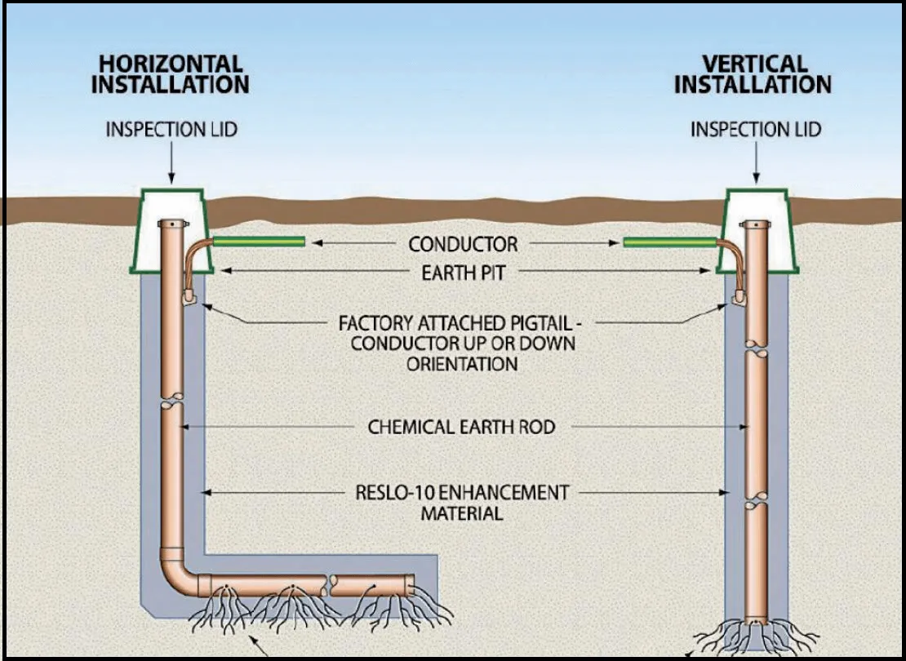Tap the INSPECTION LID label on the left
[x=172, y=129]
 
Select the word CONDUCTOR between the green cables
[x=463, y=243]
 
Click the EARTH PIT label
[x=463, y=273]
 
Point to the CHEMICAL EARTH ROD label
[x=463, y=426]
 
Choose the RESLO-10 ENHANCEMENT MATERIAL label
[x=463, y=503]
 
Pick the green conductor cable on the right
[x=669, y=242]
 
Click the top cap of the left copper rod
[x=172, y=224]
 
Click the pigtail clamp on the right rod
[x=739, y=299]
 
